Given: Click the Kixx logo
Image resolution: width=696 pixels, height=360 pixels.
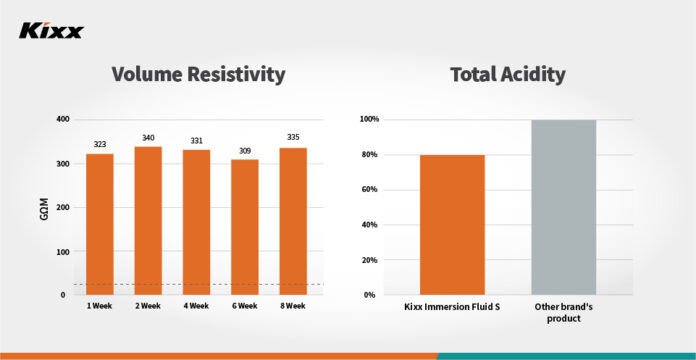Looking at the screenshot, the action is coord(51,31).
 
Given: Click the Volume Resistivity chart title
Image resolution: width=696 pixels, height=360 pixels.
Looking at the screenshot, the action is coord(198,75).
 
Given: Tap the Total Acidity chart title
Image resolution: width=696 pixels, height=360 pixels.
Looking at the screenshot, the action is coord(508,75).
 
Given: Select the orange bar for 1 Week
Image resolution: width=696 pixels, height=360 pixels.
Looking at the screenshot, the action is coord(100,224).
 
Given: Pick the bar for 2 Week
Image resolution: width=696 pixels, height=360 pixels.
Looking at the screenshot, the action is coord(148,221).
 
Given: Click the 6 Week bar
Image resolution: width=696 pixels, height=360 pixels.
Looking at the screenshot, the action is coord(245,227).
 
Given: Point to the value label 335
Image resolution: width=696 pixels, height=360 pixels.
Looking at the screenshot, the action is coord(293,138).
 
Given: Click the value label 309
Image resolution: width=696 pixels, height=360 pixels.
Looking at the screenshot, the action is coord(245,151).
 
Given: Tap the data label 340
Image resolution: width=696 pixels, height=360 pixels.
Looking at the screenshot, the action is coord(148,138).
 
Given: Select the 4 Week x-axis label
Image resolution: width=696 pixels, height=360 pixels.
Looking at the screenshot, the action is coord(196,306).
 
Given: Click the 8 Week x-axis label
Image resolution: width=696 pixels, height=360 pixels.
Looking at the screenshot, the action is coord(293,306).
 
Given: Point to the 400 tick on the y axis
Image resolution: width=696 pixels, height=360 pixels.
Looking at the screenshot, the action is coord(63,119).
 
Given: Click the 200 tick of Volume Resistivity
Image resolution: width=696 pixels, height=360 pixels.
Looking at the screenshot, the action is coord(63,207).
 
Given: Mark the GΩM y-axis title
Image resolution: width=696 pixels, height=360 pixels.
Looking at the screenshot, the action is coord(44,210).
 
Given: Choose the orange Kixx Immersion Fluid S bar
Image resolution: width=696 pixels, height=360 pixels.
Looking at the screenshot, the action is coord(452,225).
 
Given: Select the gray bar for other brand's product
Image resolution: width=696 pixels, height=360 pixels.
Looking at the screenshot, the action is coord(564,207).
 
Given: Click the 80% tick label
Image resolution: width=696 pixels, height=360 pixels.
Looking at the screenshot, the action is coord(369,154).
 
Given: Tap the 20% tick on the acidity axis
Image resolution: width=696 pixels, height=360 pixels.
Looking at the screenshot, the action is coord(369,260).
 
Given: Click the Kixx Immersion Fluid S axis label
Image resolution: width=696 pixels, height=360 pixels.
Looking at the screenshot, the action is coord(452,307).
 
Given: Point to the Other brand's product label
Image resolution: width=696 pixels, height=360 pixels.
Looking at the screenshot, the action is coord(564,313).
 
